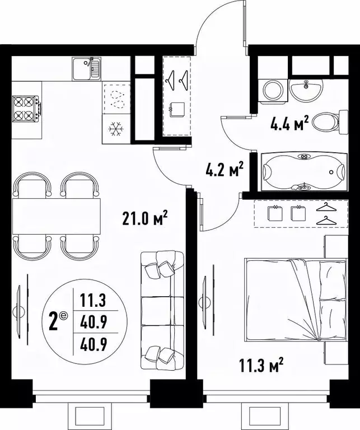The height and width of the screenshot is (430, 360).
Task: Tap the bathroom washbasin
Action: coord(306,88)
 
